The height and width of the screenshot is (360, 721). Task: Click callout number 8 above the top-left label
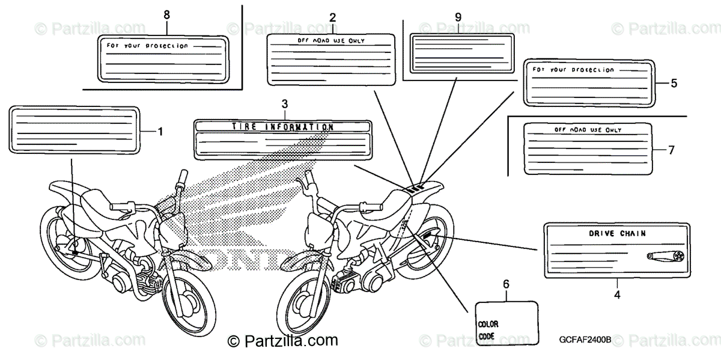(166, 14)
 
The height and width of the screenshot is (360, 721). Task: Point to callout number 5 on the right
(674, 83)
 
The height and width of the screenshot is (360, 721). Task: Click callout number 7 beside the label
(672, 150)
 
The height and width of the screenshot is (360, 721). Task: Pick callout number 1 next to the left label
(160, 130)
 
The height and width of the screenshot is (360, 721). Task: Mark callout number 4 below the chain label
(617, 294)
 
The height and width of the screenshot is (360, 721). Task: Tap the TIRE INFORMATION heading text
(282, 127)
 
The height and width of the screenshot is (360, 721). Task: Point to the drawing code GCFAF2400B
(583, 340)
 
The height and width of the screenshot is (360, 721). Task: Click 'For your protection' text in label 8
(147, 46)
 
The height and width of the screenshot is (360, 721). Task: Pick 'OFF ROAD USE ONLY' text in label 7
(588, 130)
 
